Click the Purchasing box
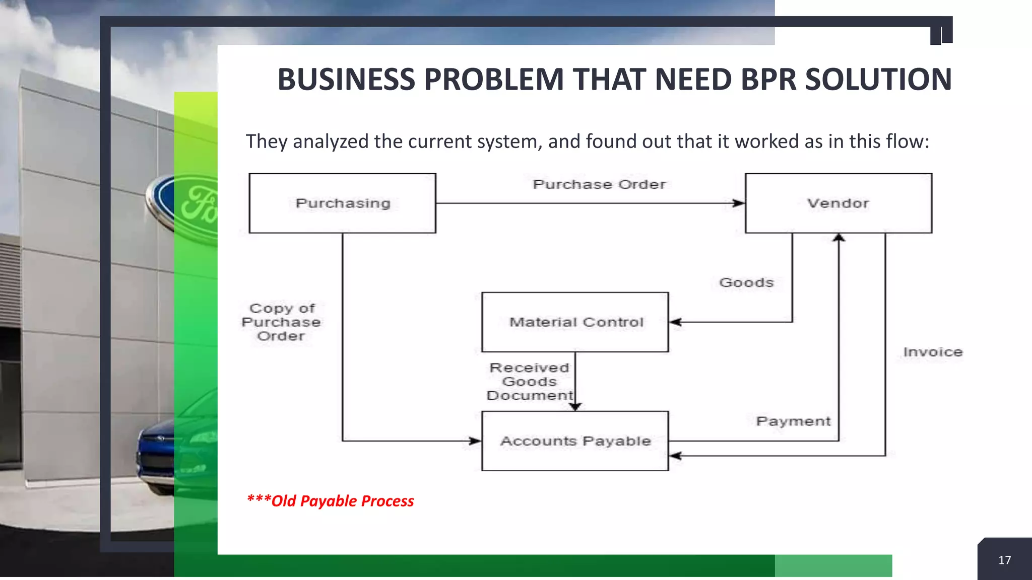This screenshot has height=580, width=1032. click(x=343, y=203)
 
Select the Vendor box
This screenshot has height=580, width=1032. click(x=838, y=203)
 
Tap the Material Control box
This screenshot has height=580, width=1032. click(x=575, y=322)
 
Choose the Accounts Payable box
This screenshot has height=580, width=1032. click(x=575, y=441)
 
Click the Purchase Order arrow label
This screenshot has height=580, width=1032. click(x=599, y=185)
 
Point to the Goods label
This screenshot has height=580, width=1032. click(x=746, y=282)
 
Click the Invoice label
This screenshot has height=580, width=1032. click(x=933, y=352)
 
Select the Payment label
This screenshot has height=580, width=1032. click(x=793, y=421)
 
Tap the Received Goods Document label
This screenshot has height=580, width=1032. click(x=530, y=382)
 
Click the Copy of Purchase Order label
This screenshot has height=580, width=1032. click(x=281, y=322)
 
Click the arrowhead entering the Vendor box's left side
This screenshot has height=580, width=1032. click(x=738, y=203)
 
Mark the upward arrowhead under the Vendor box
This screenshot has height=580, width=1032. click(x=838, y=238)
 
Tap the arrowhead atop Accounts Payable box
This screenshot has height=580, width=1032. click(x=575, y=406)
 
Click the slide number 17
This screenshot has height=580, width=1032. click(x=1004, y=560)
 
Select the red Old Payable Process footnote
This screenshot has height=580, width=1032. click(x=331, y=501)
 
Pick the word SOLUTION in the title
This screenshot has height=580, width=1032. click(x=878, y=80)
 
